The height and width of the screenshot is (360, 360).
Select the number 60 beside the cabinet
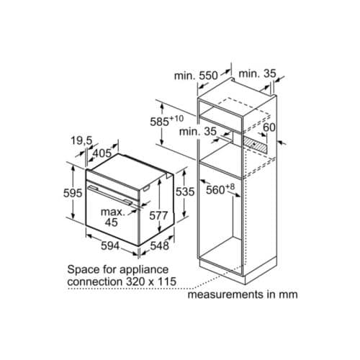tap(269, 127)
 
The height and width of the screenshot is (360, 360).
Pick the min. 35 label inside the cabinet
tap(199, 132)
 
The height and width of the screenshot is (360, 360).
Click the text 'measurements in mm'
tap(243, 294)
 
